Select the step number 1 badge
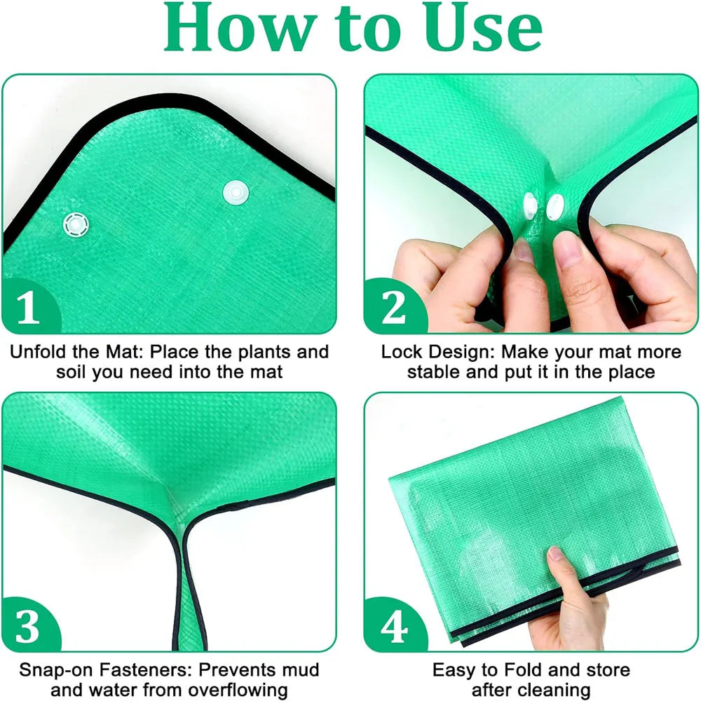coord(28,308)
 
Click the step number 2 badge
coord(393,308)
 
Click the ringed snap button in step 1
coord(75,225)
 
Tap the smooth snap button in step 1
coord(236,189)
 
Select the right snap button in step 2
coord(555,206)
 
